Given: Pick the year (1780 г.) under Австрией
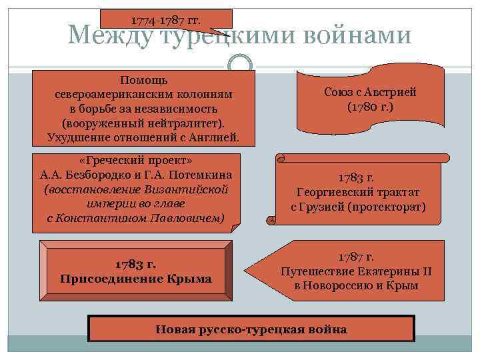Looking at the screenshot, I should (x=371, y=107).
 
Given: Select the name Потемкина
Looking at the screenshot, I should (x=198, y=176).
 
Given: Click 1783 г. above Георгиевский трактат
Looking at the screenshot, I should (x=357, y=178).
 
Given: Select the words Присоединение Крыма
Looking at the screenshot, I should (x=135, y=278).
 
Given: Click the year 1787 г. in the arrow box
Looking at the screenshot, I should (x=357, y=256).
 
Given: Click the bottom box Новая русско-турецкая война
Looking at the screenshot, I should (x=251, y=329).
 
